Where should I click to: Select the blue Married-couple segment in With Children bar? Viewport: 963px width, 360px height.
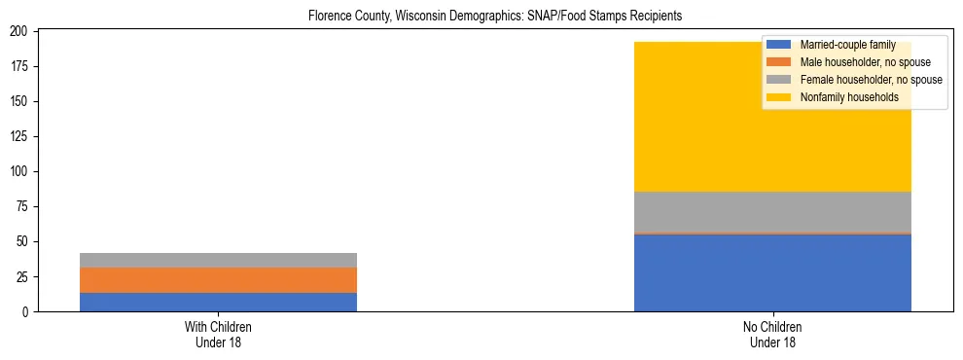click(218, 302)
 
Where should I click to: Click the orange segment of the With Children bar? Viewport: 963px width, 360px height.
click(218, 280)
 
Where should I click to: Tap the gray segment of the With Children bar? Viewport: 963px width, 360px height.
click(218, 260)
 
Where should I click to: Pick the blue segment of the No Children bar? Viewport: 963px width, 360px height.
click(772, 273)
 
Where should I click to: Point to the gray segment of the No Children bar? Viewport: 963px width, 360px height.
click(772, 212)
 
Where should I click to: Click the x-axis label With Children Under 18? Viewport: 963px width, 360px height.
click(218, 334)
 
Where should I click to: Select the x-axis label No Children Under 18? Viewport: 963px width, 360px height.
click(772, 334)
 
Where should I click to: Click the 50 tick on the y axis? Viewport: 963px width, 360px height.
click(25, 241)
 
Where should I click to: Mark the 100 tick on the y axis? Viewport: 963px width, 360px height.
click(22, 171)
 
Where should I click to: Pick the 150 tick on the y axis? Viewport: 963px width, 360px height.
click(22, 101)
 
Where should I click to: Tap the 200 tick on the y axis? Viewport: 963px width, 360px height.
click(22, 31)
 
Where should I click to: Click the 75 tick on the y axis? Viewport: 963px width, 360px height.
click(25, 206)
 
